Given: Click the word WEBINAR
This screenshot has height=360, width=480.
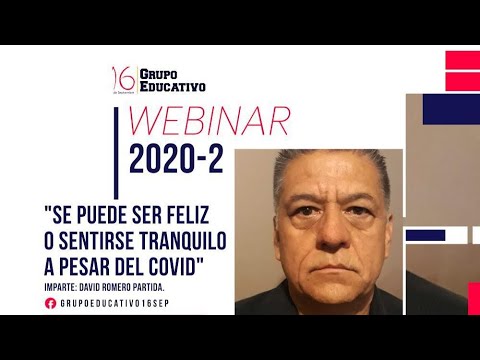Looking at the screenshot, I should point(210,122).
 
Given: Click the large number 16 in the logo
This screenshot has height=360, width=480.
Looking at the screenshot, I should point(122,79).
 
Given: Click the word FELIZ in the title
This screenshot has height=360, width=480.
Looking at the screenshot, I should point(202,214).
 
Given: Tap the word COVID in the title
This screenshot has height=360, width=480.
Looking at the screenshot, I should point(175,268).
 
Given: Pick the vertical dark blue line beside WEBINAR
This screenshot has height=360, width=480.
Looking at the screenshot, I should point(117,150).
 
